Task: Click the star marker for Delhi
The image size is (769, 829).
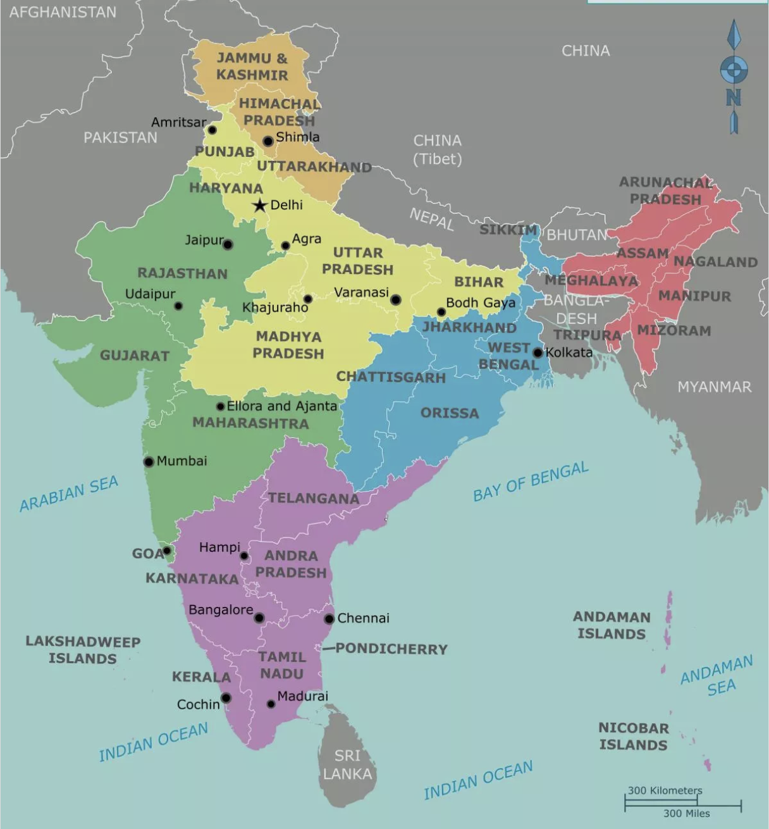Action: (x=259, y=206)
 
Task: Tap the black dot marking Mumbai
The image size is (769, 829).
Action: (x=149, y=462)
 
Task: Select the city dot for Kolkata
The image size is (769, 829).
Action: (x=538, y=353)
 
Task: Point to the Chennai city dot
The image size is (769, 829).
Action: (x=329, y=619)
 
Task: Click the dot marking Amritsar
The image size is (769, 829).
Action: (x=212, y=130)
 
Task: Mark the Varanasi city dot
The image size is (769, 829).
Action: (x=395, y=299)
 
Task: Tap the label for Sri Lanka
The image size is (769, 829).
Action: (x=347, y=764)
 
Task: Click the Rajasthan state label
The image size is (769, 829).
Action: (x=182, y=273)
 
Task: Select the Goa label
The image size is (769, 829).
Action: (x=147, y=554)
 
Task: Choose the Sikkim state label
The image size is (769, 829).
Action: (x=508, y=230)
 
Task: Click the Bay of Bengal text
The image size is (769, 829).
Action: (x=531, y=482)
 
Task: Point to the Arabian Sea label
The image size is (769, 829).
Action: (x=69, y=494)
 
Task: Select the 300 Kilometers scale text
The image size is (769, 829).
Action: (x=665, y=790)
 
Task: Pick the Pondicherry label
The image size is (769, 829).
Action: (x=391, y=649)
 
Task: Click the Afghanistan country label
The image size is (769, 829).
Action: (x=63, y=12)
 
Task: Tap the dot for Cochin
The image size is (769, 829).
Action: (x=226, y=698)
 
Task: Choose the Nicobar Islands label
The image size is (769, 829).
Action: (x=633, y=737)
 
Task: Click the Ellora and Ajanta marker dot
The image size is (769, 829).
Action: (x=220, y=407)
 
